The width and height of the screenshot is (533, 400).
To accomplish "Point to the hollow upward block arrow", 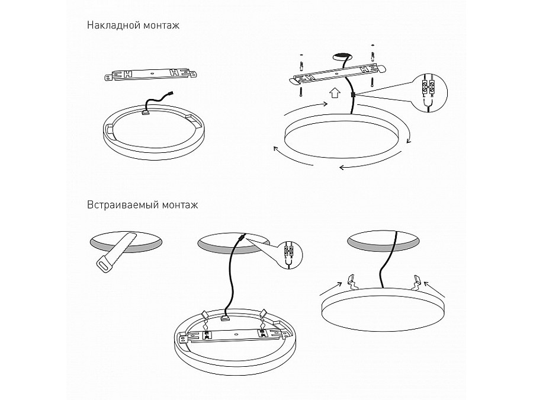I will (x=335, y=92).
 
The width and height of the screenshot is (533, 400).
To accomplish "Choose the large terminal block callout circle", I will (x=428, y=92).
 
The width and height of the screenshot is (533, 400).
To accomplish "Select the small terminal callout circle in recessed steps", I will (x=287, y=255).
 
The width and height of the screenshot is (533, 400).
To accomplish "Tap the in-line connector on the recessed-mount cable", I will (x=240, y=237).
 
